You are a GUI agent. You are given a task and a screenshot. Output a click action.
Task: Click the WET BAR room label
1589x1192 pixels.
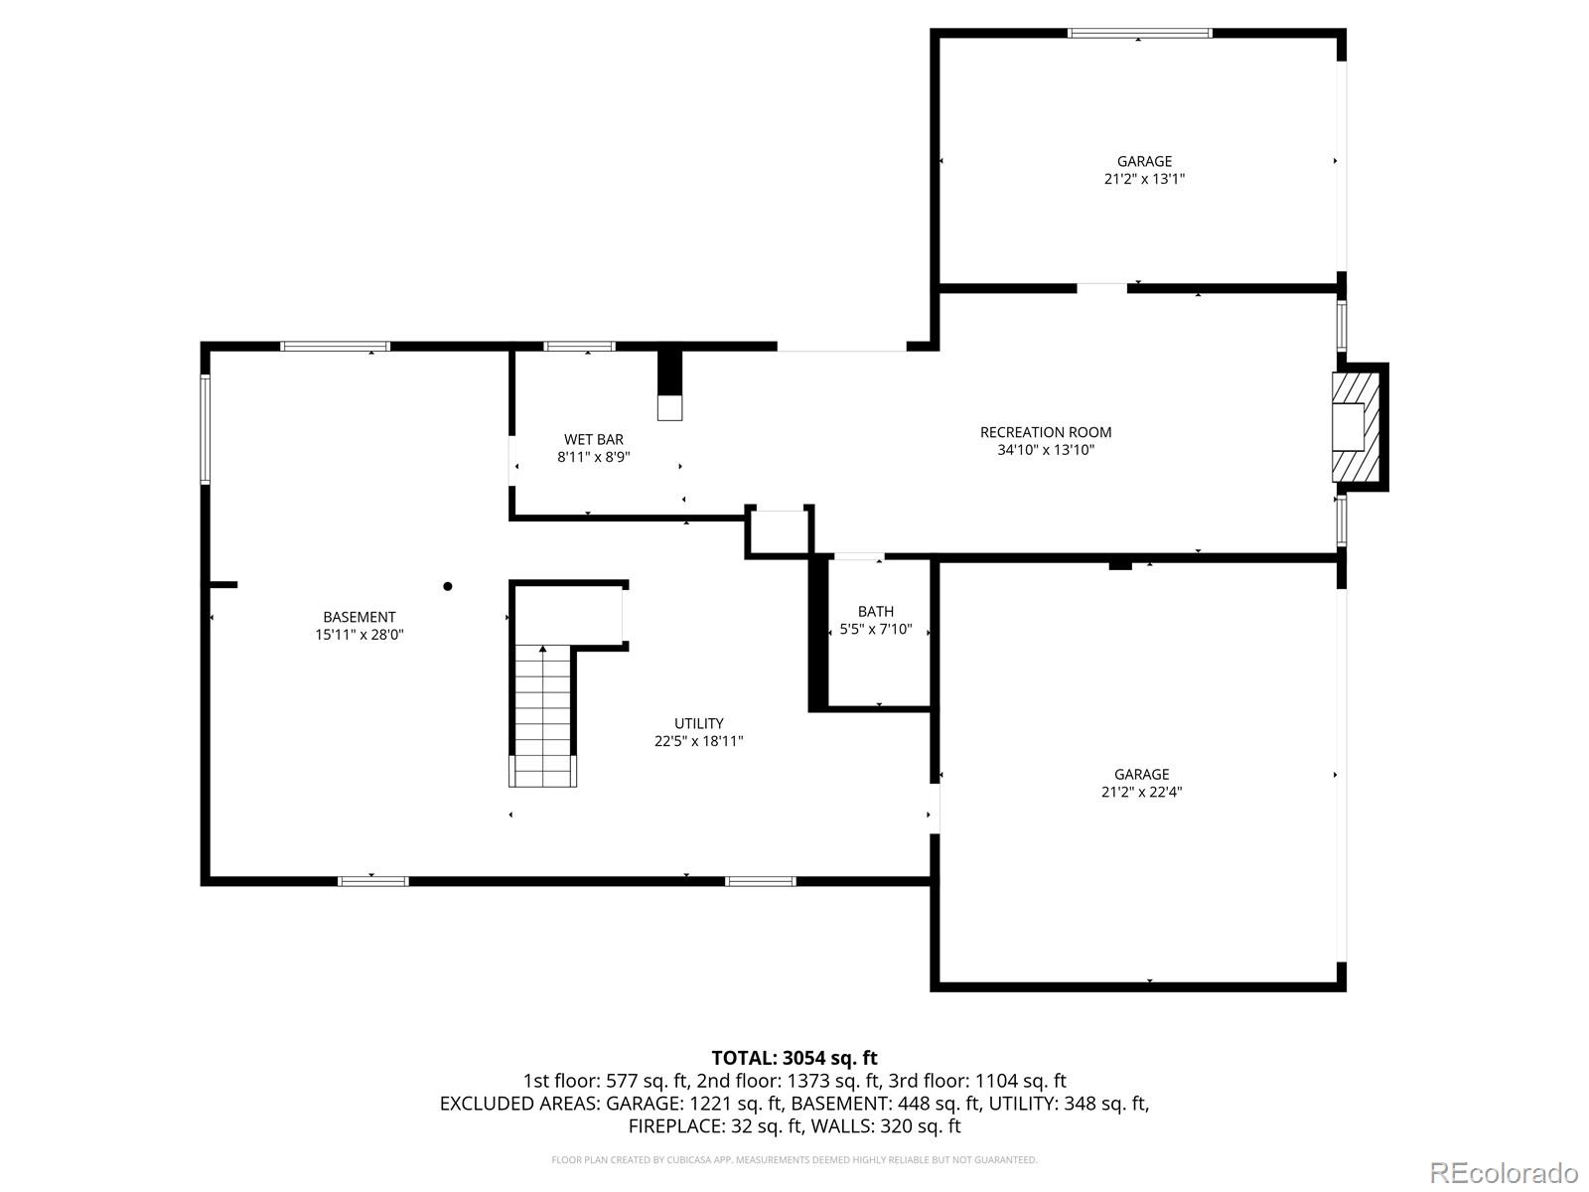(594, 439)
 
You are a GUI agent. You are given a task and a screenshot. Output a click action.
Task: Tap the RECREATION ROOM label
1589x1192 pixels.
(1046, 432)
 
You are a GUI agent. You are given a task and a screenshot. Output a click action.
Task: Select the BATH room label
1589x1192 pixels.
(875, 612)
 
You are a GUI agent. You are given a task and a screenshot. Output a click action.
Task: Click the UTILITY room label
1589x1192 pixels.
(698, 723)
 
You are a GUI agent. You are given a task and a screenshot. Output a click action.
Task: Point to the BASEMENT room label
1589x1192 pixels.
(359, 617)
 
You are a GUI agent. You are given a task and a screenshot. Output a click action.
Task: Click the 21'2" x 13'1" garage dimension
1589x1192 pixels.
(1144, 180)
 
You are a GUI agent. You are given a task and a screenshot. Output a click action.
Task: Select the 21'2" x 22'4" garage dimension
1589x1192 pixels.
(1141, 793)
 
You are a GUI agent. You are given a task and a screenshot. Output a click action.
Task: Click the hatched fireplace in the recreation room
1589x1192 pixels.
(1353, 428)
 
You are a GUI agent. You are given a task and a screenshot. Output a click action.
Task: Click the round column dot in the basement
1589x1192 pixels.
(448, 587)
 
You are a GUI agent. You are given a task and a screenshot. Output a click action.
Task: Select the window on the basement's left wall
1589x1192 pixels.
(206, 429)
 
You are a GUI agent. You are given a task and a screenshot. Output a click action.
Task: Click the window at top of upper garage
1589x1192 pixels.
(1139, 33)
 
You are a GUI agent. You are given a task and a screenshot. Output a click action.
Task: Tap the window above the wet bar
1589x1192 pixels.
(579, 347)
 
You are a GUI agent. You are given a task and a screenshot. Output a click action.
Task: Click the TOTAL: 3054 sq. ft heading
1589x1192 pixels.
(794, 1058)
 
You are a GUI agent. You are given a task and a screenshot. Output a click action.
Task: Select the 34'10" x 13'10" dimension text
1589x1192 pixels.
(1046, 450)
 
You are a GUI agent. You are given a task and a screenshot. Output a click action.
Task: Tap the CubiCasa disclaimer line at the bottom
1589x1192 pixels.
(794, 1160)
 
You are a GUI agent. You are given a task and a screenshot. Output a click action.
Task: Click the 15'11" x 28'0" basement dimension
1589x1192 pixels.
(359, 635)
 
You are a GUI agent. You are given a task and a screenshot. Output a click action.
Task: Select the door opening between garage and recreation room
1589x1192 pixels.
(1101, 289)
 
